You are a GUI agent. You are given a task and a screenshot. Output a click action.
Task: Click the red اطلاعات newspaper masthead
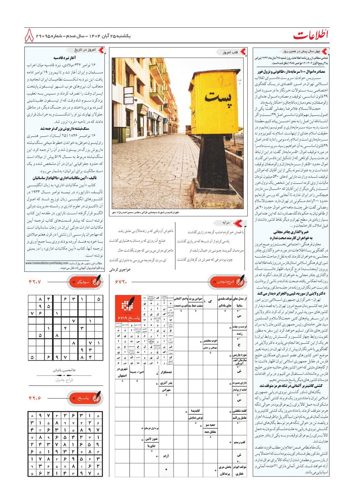tap(311, 35)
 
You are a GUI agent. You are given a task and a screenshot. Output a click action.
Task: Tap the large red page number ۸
tap(29, 36)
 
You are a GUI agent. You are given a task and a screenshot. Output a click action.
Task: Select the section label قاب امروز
tap(230, 52)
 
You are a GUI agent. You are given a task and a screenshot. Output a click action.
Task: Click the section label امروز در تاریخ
tap(85, 50)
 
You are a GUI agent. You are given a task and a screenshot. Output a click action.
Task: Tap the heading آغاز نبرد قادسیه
tap(64, 58)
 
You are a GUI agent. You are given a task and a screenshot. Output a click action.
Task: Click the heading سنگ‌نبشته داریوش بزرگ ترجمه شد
tap(65, 129)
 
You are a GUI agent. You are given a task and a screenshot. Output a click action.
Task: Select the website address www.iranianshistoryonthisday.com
tap(47, 263)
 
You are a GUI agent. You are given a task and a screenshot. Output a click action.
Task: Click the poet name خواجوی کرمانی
tap(120, 269)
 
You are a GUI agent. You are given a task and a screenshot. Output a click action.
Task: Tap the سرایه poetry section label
tap(226, 223)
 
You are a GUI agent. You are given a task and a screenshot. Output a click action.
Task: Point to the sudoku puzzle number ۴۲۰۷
tap(35, 282)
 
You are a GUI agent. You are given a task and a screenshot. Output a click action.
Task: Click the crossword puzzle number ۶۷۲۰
tap(121, 282)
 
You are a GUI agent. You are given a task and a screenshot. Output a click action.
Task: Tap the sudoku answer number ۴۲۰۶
tap(35, 398)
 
